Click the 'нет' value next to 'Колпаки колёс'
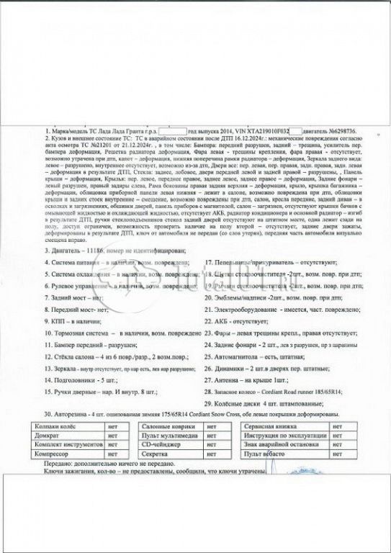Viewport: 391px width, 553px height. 112,426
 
